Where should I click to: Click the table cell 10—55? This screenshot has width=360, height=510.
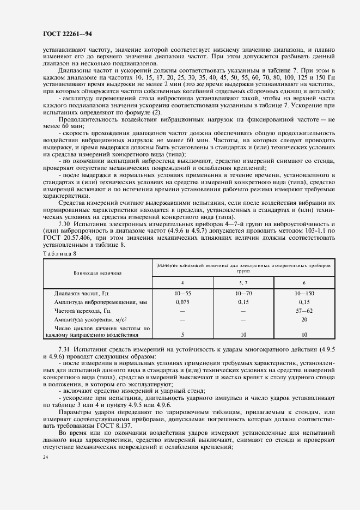(x=182, y=293)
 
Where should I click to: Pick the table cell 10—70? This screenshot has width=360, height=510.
(x=243, y=293)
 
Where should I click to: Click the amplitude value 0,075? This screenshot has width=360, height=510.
(x=182, y=301)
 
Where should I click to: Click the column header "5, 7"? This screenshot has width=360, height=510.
(x=243, y=283)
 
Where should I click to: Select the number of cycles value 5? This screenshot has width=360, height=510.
(x=182, y=335)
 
